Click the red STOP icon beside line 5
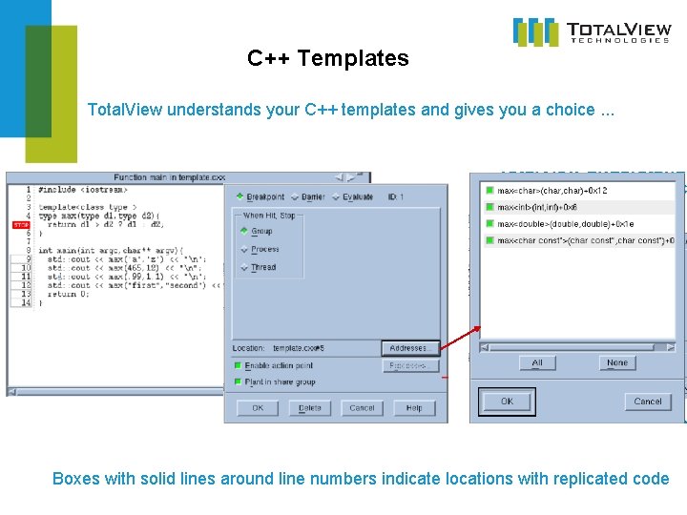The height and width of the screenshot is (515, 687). pyautogui.click(x=20, y=225)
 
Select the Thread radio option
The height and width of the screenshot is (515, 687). pyautogui.click(x=244, y=268)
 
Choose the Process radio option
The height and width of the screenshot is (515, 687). pyautogui.click(x=244, y=250)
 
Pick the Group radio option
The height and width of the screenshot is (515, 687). pyautogui.click(x=244, y=232)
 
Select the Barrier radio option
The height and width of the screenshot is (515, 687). pyautogui.click(x=294, y=197)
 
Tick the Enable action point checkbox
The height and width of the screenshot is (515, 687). pyautogui.click(x=238, y=365)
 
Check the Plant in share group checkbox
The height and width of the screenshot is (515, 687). pyautogui.click(x=238, y=382)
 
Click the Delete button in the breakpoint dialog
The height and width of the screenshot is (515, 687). pyautogui.click(x=310, y=408)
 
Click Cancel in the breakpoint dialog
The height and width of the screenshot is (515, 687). pyautogui.click(x=362, y=408)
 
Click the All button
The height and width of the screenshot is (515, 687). pyautogui.click(x=537, y=362)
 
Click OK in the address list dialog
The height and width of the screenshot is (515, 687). pyautogui.click(x=507, y=402)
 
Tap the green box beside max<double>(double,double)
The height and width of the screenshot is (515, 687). pyautogui.click(x=489, y=224)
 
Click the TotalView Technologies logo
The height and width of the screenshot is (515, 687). pyautogui.click(x=592, y=31)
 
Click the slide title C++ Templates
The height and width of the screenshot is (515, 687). pyautogui.click(x=327, y=58)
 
